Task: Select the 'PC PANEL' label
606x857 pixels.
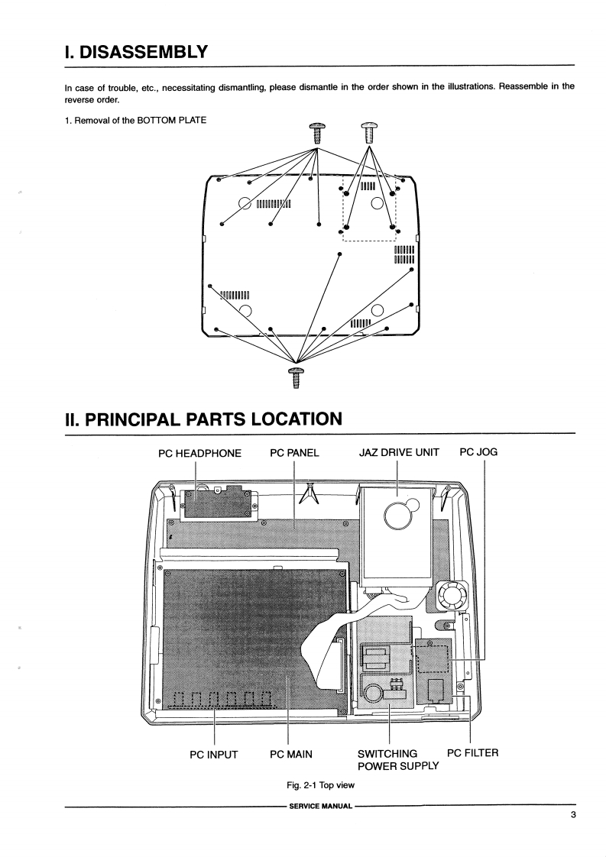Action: [x=294, y=452]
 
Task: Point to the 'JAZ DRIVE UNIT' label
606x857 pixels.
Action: [x=399, y=452]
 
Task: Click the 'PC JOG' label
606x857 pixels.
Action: [x=478, y=452]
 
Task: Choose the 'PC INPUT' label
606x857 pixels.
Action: [x=214, y=755]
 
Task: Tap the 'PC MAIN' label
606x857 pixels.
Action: [x=291, y=755]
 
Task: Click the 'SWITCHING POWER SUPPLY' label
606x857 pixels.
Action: [x=397, y=760]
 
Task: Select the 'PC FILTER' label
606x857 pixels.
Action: [x=472, y=753]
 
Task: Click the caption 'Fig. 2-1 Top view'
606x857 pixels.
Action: [x=320, y=785]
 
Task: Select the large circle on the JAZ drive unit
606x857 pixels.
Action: [x=398, y=517]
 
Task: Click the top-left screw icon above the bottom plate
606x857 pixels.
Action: [x=316, y=133]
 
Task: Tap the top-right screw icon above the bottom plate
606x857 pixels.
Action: [x=369, y=132]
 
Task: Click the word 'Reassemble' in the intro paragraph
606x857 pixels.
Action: [x=526, y=86]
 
